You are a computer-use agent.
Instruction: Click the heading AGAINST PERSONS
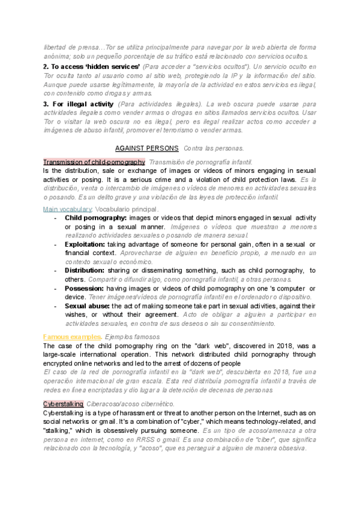pyautogui.click(x=146, y=148)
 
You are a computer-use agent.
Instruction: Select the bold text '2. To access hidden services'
pyautogui.click(x=91, y=65)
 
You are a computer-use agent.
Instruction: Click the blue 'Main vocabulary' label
pyautogui.click(x=67, y=209)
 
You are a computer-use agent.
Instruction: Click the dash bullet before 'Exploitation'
pyautogui.click(x=55, y=245)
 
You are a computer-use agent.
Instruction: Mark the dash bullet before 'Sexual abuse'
pyautogui.click(x=55, y=306)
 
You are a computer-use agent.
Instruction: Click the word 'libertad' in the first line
pyautogui.click(x=57, y=47)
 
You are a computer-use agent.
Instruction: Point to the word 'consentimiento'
pyautogui.click(x=248, y=324)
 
